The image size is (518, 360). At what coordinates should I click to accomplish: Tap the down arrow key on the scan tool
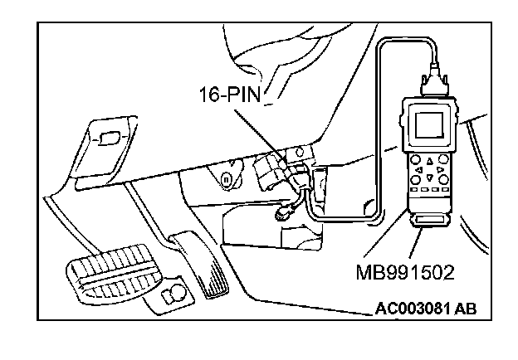(429, 176)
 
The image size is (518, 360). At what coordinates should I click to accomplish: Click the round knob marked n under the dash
(225, 178)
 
